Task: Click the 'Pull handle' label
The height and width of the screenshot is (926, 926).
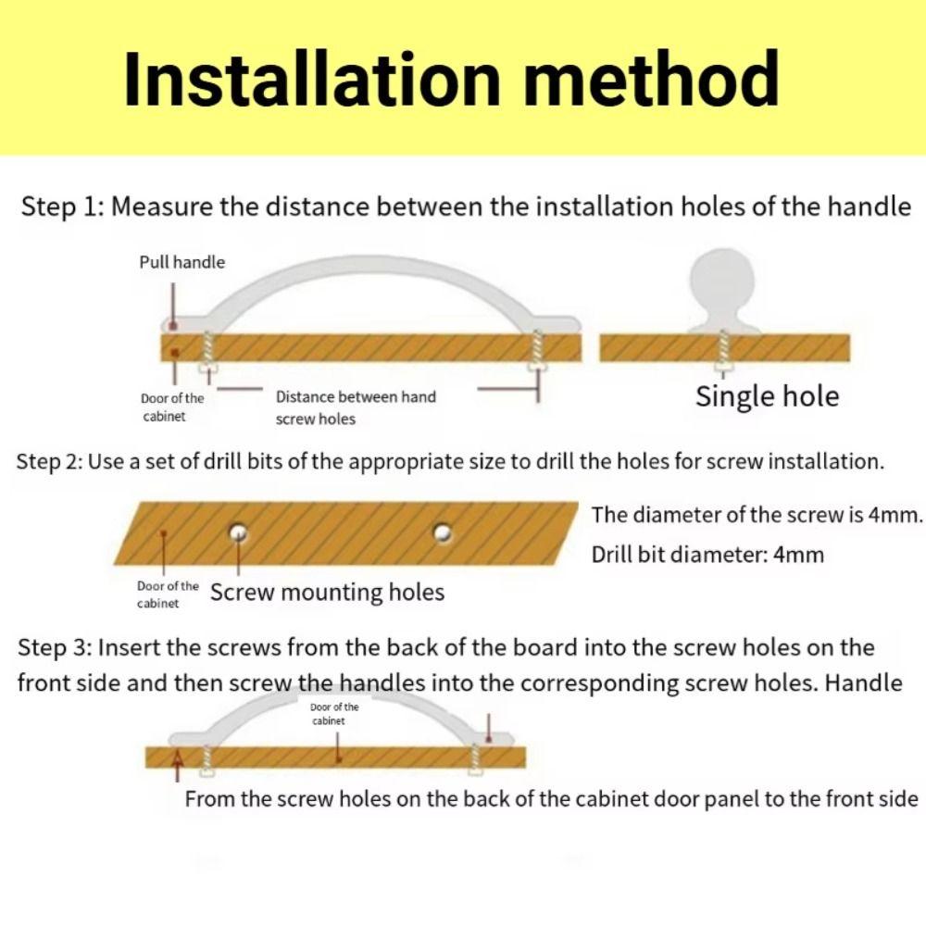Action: pos(181,262)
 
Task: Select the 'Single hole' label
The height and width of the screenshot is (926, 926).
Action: pos(767,396)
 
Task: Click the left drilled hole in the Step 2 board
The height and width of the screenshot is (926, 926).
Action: pos(239,532)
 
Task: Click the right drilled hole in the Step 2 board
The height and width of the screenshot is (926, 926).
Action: pos(443,532)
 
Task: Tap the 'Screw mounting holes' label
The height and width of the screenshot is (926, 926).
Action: pos(327,593)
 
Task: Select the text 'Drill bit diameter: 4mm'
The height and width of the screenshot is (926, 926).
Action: pos(707,555)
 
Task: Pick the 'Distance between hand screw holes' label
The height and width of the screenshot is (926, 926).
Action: pos(356,407)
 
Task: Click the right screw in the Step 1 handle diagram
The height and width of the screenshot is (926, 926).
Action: pos(537,350)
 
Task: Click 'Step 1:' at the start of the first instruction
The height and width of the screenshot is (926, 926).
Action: pos(63,207)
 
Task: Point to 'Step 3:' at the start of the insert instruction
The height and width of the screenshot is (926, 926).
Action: pos(54,648)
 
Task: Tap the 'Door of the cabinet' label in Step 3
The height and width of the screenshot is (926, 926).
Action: pos(334,714)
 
